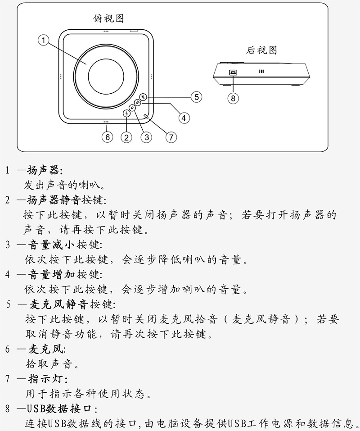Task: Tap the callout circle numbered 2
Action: pos(126,137)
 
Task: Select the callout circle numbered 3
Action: pos(146,137)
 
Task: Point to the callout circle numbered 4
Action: pos(184,118)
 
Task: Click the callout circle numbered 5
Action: pos(196,96)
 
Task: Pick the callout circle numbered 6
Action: pos(107,137)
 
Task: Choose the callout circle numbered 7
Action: pos(171,137)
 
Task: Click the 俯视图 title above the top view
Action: pos(108,18)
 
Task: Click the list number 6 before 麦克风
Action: pos(8,349)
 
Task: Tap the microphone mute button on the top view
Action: pos(143,97)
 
